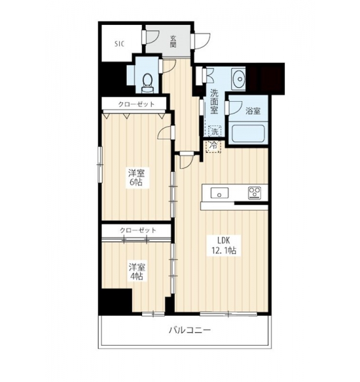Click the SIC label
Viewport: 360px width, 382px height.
tap(119, 44)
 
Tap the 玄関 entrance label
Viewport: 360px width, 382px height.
tap(173, 41)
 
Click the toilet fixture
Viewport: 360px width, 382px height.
tap(147, 83)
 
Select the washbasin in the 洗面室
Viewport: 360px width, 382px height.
tap(238, 79)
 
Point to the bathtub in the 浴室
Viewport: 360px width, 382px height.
tap(248, 133)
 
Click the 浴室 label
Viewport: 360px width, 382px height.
tap(253, 111)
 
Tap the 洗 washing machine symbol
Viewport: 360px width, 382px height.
tap(215, 132)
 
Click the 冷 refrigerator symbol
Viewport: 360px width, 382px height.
tap(213, 146)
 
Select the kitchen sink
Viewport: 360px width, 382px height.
tap(219, 193)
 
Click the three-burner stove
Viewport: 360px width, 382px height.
tap(254, 193)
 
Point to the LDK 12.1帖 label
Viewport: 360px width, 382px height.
tap(224, 246)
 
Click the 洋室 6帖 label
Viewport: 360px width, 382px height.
tap(136, 178)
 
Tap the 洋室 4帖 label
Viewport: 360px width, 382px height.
tap(137, 272)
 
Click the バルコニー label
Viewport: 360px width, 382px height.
tap(190, 330)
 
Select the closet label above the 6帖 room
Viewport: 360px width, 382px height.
tap(136, 104)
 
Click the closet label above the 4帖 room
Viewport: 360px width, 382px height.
tap(138, 230)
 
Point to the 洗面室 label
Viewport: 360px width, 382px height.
tap(214, 102)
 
